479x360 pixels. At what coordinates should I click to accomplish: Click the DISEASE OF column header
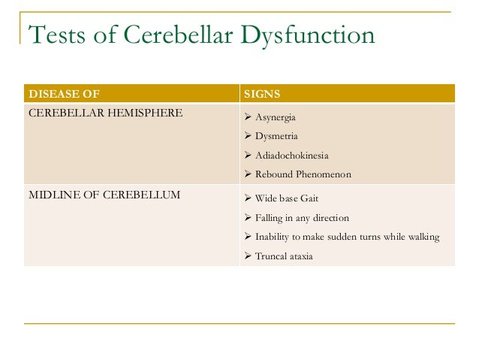tap(63, 94)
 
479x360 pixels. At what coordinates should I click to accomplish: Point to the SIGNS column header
tap(263, 94)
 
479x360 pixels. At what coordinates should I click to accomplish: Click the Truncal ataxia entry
tap(285, 256)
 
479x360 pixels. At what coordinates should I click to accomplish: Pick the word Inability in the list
tap(273, 237)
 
